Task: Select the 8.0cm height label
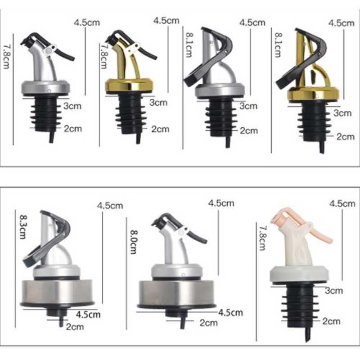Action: pyautogui.click(x=134, y=242)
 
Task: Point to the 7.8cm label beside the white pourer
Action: pyautogui.click(x=262, y=238)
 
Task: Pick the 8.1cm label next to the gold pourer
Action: pyautogui.click(x=278, y=45)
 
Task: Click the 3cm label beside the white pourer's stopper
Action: pyautogui.click(x=334, y=291)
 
